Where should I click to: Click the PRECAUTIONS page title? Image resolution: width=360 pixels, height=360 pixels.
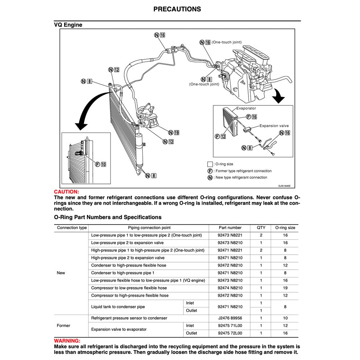[177, 9]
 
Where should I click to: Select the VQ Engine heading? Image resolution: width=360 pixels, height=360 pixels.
[68, 25]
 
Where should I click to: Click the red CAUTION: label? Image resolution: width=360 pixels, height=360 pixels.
[66, 192]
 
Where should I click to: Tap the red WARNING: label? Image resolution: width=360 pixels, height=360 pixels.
[67, 341]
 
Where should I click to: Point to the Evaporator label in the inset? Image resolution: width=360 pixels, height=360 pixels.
[246, 108]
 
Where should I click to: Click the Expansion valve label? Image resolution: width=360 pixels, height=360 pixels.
[274, 126]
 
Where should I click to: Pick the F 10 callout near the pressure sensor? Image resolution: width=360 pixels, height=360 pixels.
[101, 164]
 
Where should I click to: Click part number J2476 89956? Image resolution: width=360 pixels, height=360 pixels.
[230, 318]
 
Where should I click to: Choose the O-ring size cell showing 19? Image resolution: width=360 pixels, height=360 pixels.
[285, 288]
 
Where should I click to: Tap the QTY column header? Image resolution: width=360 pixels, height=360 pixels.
[261, 228]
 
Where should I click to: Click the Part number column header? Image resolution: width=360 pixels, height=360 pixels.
[230, 228]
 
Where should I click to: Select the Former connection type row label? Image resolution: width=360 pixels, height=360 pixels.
[63, 326]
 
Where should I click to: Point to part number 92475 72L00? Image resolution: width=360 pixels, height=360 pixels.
[230, 333]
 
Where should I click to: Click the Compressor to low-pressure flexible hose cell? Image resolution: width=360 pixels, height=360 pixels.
[129, 288]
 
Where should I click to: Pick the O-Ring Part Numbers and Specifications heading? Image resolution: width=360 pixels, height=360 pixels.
[108, 217]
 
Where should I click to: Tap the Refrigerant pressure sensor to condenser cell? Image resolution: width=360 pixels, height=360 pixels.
[129, 318]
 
